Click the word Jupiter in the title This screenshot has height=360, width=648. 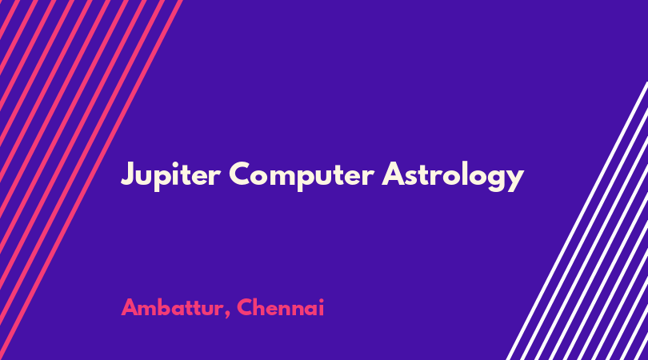pyautogui.click(x=170, y=175)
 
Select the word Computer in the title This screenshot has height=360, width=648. pyautogui.click(x=302, y=175)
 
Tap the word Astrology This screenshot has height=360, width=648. pyautogui.click(x=453, y=176)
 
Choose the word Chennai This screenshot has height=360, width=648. pyautogui.click(x=281, y=307)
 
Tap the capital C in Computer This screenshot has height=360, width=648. pyautogui.click(x=241, y=174)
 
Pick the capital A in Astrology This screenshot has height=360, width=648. pyautogui.click(x=394, y=173)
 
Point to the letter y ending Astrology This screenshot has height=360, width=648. pyautogui.click(x=514, y=180)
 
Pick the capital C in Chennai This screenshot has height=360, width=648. pyautogui.click(x=246, y=307)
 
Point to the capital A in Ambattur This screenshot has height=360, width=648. pyautogui.click(x=130, y=307)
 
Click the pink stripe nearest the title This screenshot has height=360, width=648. pyautogui.click(x=91, y=180)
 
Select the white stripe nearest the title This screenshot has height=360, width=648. pyautogui.click(x=577, y=221)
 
